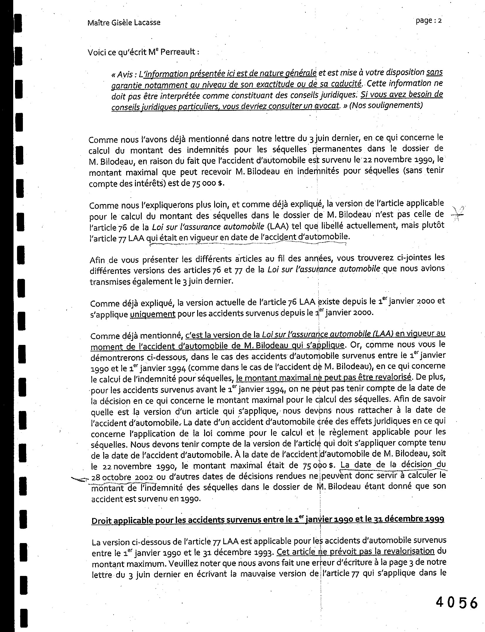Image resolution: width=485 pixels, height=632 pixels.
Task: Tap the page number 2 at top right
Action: click(x=440, y=21)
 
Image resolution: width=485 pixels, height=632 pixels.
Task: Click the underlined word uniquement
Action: click(x=153, y=314)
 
